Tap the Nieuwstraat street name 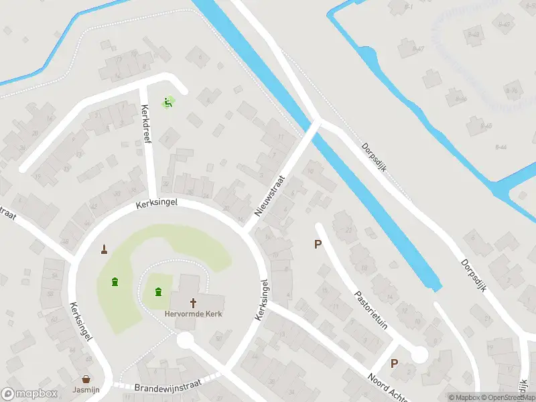[x=269, y=196]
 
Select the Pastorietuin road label [x=372, y=310]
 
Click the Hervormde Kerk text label [x=194, y=314]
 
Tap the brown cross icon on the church [x=194, y=302]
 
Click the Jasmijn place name [x=86, y=389]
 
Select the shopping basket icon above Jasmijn [x=86, y=379]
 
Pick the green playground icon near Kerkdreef [x=167, y=103]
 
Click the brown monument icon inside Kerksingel [x=105, y=250]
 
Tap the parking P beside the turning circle [x=394, y=364]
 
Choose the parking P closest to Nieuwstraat [x=318, y=245]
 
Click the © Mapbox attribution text [x=464, y=397]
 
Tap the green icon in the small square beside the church [x=158, y=291]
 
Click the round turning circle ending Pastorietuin [x=419, y=354]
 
